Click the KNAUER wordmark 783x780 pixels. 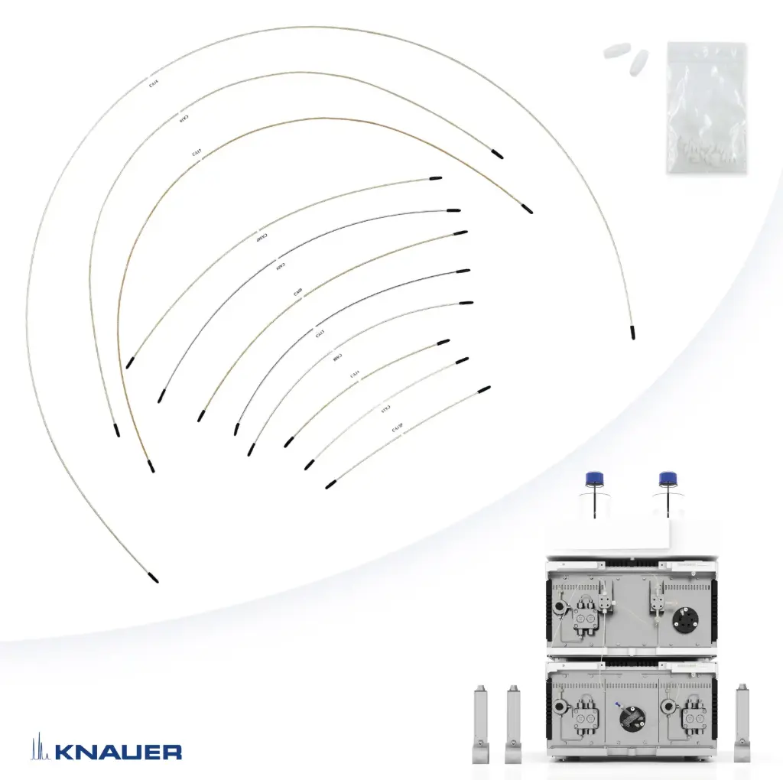(118, 751)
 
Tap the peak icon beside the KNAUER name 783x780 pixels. (37, 748)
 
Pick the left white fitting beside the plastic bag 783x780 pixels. (614, 51)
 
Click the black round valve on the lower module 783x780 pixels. (632, 719)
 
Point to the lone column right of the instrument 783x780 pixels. (742, 723)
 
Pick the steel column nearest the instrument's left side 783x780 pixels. (513, 723)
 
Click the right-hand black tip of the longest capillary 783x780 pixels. (632, 332)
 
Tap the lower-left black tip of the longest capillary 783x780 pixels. (153, 576)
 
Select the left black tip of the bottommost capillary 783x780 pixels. (330, 485)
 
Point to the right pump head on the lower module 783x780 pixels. (694, 715)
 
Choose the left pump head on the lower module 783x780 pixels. (586, 715)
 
